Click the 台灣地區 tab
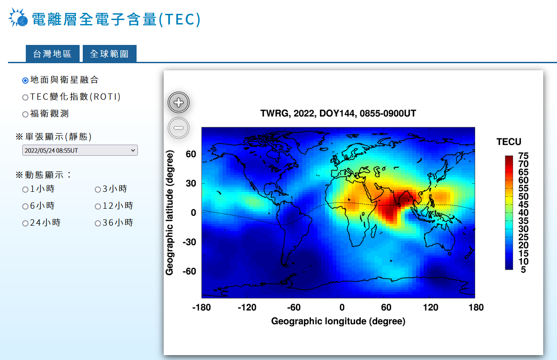(52, 53)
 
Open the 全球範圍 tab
(109, 53)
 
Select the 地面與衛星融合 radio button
(25, 81)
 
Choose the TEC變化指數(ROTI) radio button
(25, 97)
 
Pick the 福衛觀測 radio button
(25, 114)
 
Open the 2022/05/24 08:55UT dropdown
(80, 150)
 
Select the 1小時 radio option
(25, 190)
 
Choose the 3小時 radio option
(98, 190)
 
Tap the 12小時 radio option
(98, 206)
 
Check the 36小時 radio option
(98, 223)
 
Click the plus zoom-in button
(178, 102)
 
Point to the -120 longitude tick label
(247, 307)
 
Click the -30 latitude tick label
(189, 242)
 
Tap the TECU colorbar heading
(509, 142)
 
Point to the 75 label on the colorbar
(523, 156)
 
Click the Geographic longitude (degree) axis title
(338, 321)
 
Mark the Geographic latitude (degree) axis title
(170, 213)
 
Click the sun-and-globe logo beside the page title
(18, 17)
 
